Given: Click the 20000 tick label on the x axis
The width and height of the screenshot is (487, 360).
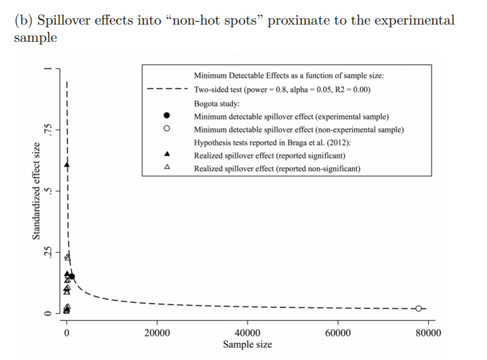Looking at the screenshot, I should click(x=157, y=333).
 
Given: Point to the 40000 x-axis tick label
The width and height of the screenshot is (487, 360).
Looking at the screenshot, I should click(x=247, y=333).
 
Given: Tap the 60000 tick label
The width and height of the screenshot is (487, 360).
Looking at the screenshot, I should click(x=338, y=333).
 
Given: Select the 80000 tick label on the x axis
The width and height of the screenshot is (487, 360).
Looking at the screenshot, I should click(x=428, y=333).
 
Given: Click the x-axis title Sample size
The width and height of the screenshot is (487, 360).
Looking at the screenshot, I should click(x=247, y=344).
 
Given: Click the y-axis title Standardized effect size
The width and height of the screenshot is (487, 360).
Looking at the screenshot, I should click(x=37, y=191).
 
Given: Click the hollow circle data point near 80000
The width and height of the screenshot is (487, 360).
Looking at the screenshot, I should click(x=418, y=308).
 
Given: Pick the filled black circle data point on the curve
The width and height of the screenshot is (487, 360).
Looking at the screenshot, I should click(x=71, y=277).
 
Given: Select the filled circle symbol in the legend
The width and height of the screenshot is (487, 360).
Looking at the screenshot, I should click(x=167, y=116).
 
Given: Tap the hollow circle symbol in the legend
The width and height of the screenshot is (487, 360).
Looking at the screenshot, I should click(x=167, y=129).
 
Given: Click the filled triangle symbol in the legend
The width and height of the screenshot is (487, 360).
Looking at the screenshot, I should click(x=167, y=155).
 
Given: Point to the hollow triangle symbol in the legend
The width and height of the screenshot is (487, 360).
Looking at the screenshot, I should click(x=167, y=168).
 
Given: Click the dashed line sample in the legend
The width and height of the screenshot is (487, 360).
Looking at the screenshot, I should click(x=167, y=89).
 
